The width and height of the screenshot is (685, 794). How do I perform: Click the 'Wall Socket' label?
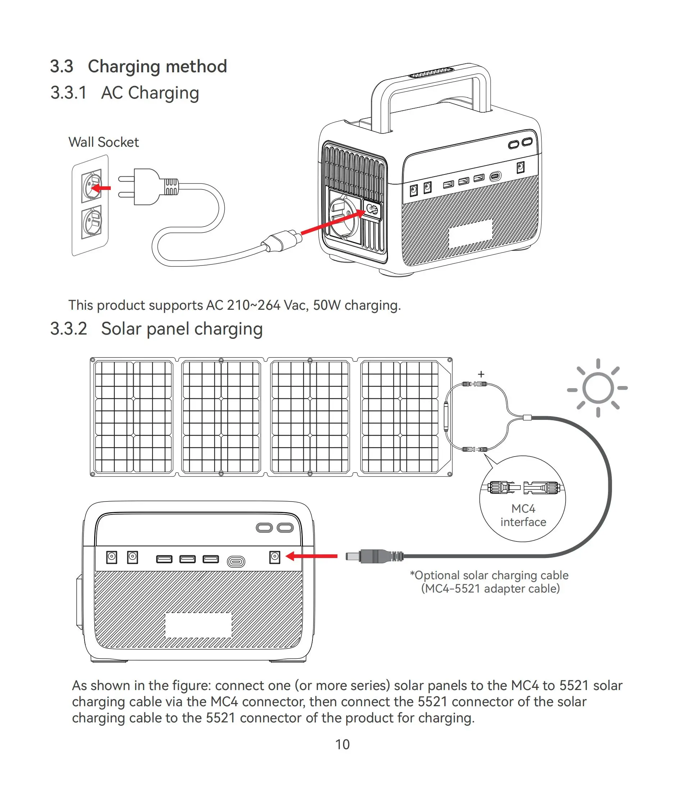coord(104,142)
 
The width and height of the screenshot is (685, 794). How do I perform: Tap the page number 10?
coord(342,744)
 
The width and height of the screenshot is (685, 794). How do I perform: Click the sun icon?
coord(598,388)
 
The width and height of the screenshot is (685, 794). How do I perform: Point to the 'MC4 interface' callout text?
coord(523,515)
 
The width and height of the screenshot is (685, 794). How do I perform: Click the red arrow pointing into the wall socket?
coord(101,188)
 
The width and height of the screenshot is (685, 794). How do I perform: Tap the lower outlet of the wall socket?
coord(92,222)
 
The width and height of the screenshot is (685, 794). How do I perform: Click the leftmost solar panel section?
coord(133,417)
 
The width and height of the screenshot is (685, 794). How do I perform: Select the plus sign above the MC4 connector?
coord(481,374)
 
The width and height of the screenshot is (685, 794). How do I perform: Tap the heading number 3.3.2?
coord(69,329)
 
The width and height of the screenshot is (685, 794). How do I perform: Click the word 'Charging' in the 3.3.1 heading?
coord(164,93)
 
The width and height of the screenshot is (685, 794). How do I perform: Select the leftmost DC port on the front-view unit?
coord(111,557)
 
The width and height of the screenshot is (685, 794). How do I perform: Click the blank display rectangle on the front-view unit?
coord(198,625)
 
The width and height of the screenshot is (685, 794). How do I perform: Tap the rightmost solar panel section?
coord(400,417)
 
